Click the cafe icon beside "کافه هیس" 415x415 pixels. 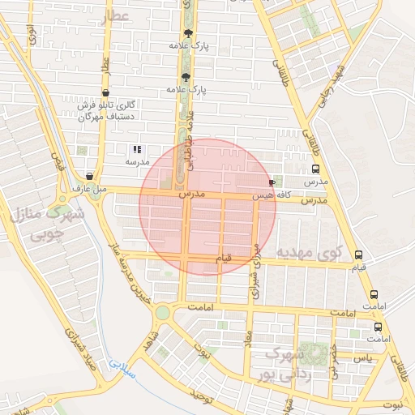coord(271,183)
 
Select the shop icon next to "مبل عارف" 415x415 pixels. coord(89,176)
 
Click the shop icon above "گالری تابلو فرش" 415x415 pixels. coord(105,92)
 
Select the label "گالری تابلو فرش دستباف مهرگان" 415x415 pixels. coord(104,111)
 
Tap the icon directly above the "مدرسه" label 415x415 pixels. coord(137,149)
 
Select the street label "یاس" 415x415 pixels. coord(364,357)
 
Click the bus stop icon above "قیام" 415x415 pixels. coord(359,255)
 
